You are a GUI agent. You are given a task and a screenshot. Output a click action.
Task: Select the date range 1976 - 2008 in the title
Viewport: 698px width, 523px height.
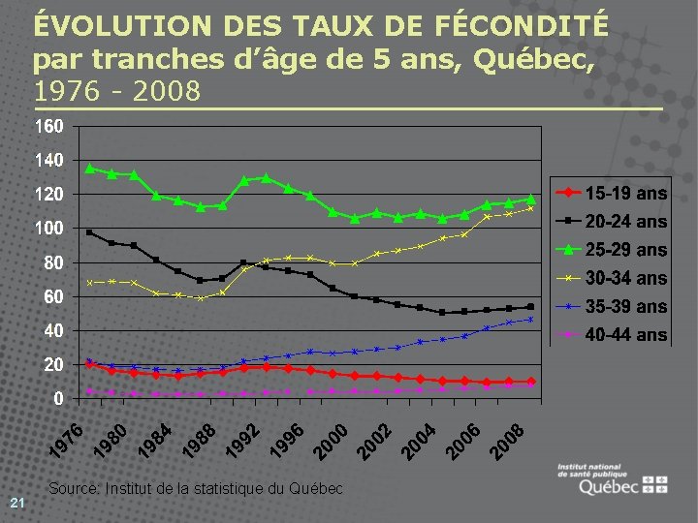[116, 91]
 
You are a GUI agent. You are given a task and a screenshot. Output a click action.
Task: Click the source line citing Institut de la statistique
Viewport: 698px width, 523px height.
[195, 488]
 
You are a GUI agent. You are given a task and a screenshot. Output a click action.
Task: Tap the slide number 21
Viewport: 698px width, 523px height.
[16, 502]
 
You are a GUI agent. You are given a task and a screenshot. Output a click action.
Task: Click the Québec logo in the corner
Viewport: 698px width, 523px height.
[611, 479]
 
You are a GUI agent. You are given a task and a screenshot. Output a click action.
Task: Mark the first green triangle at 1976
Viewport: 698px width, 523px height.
[90, 169]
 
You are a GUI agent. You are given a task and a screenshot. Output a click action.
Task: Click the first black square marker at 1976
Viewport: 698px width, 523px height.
[90, 232]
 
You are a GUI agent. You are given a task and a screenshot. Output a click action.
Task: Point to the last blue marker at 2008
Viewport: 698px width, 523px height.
[530, 319]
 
